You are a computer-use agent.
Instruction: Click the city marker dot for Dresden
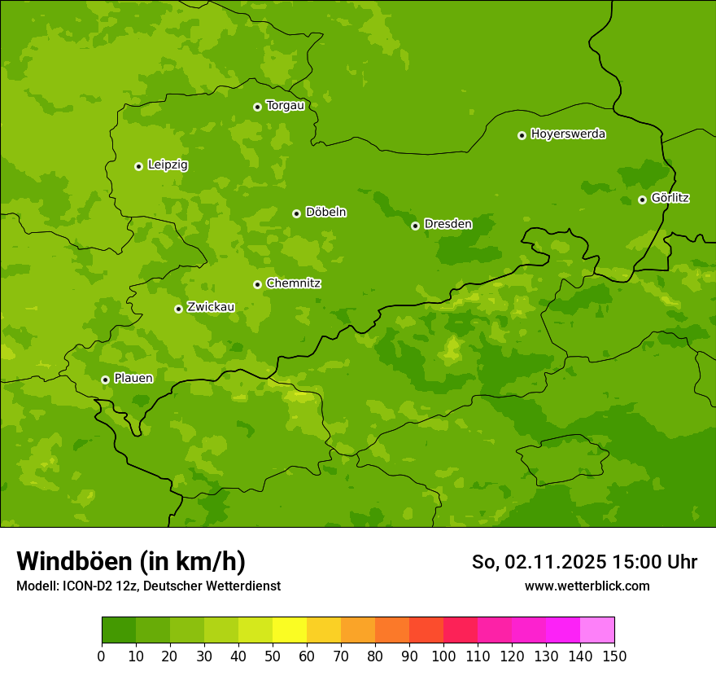415,226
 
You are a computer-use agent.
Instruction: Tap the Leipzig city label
168,165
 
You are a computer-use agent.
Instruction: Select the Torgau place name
285,106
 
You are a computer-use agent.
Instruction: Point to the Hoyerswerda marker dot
522,135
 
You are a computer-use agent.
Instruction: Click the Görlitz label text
670,198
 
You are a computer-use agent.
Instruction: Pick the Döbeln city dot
296,213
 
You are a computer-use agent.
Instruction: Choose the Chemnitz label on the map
293,283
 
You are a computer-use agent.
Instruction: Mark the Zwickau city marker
178,309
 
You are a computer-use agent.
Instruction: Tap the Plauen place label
133,378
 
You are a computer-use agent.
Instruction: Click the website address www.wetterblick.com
587,586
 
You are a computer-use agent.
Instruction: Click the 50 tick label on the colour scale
273,656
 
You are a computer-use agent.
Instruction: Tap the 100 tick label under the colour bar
443,656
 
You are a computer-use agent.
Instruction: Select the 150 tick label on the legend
614,656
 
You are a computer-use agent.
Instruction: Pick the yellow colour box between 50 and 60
290,630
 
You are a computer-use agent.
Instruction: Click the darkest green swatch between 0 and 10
119,630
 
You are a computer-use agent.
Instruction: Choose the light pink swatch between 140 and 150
597,630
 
